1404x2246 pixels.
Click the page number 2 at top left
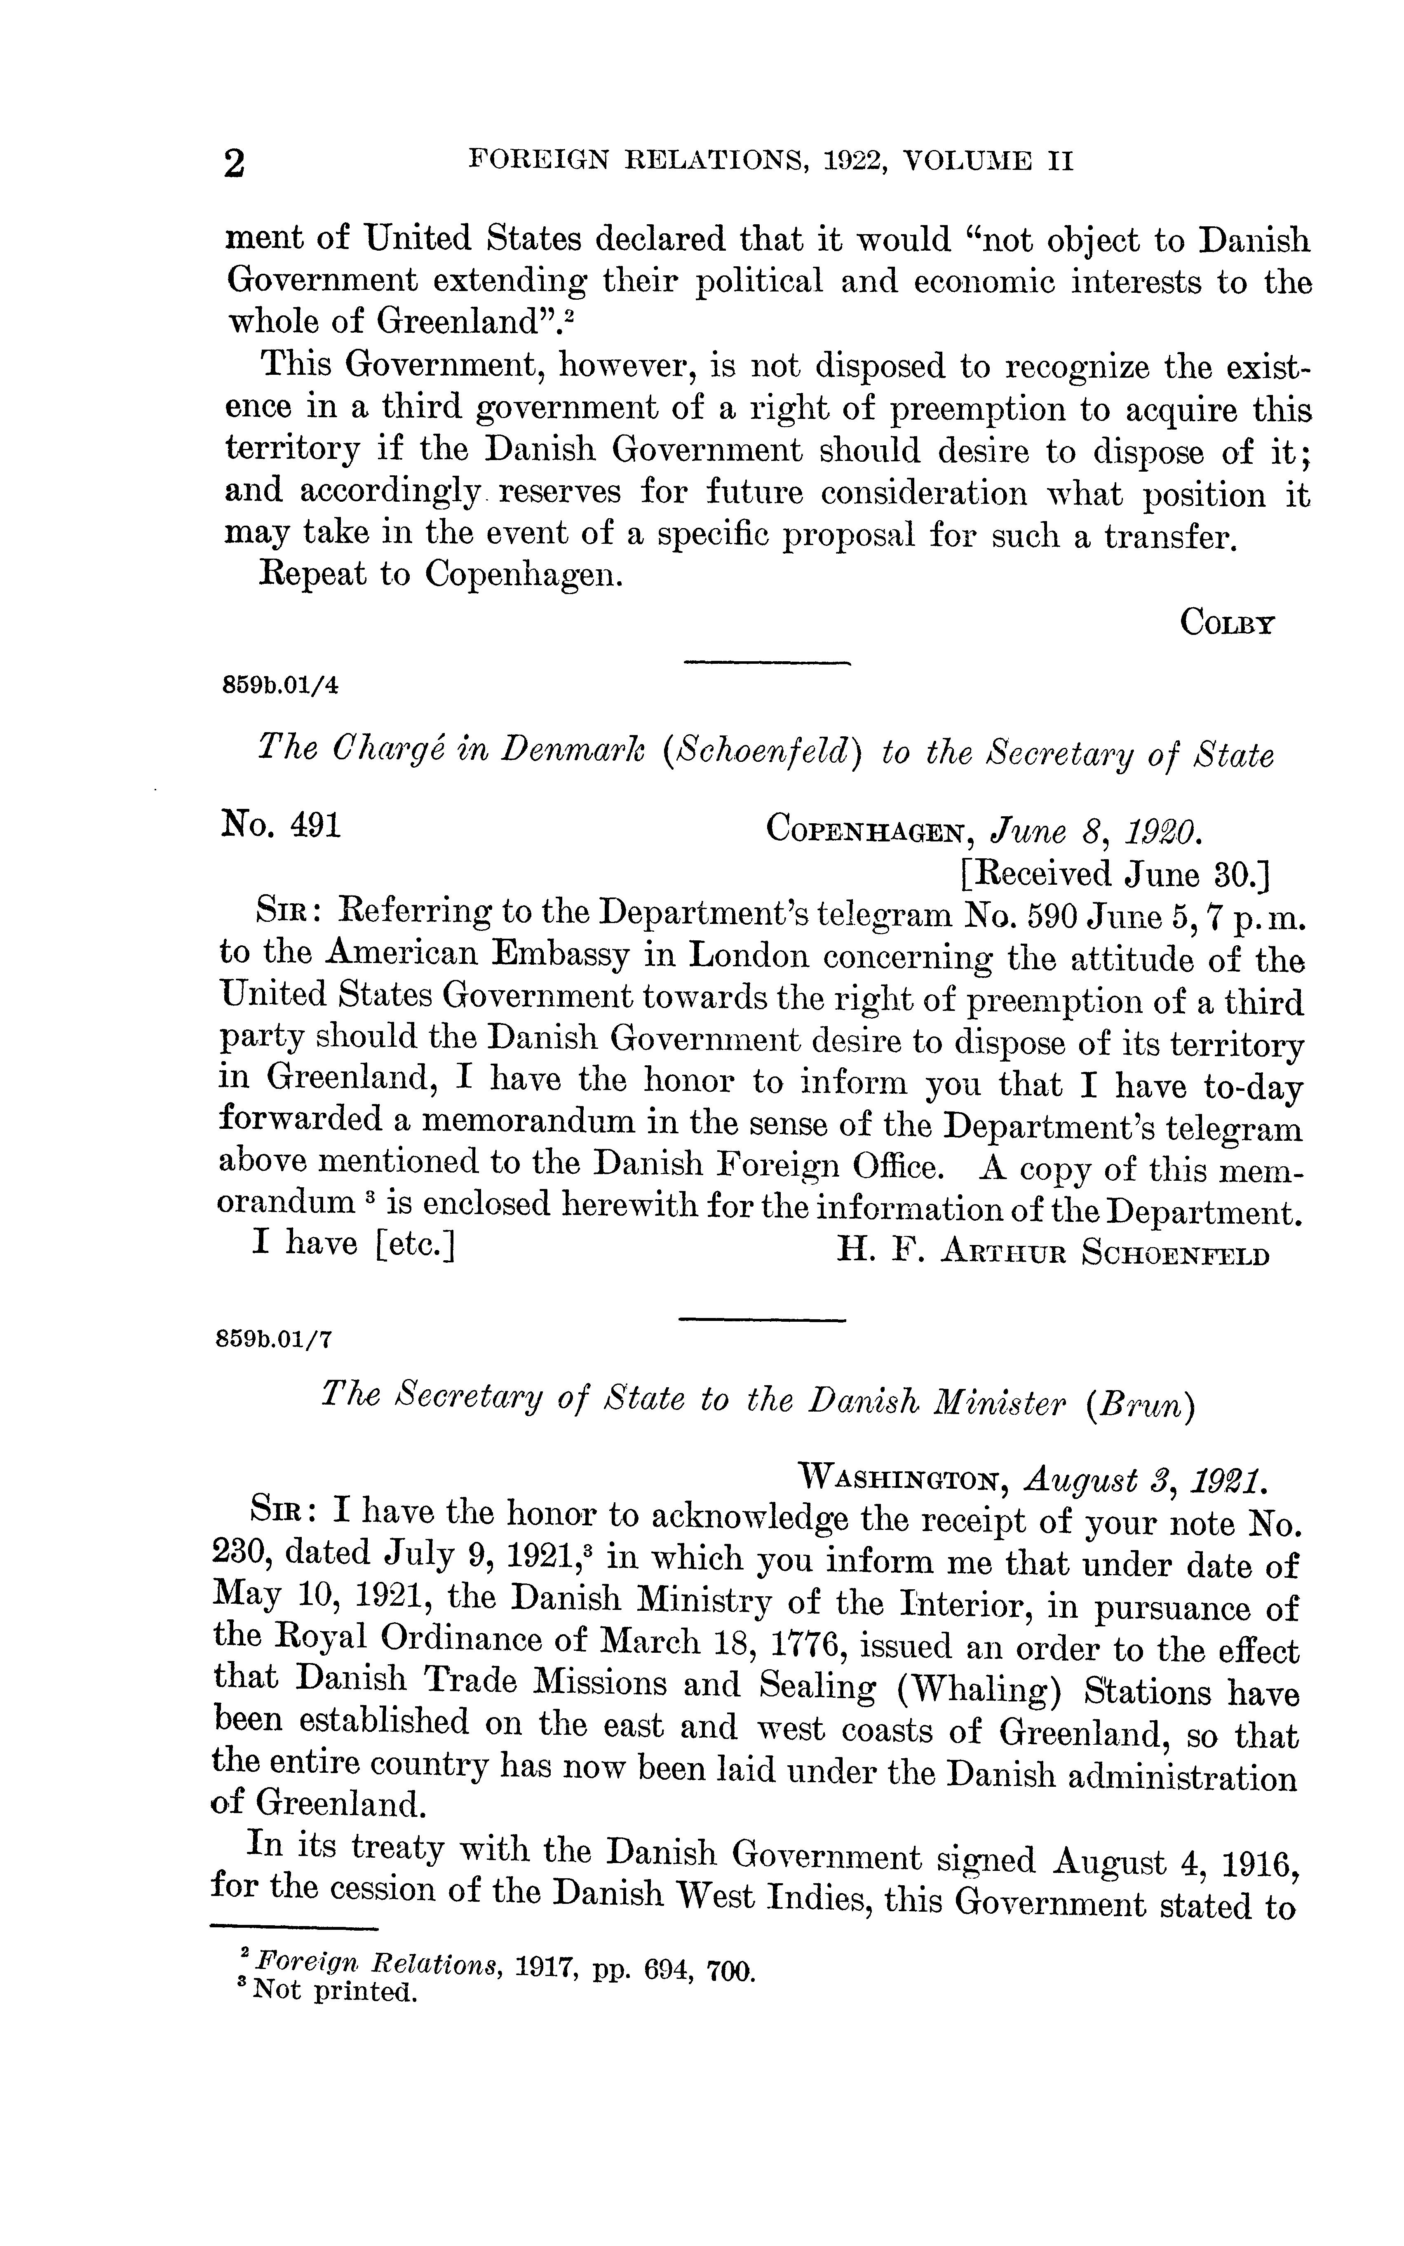tap(235, 164)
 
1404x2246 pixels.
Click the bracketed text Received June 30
tap(1114, 873)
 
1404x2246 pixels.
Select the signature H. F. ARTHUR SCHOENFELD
tap(1052, 1252)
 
